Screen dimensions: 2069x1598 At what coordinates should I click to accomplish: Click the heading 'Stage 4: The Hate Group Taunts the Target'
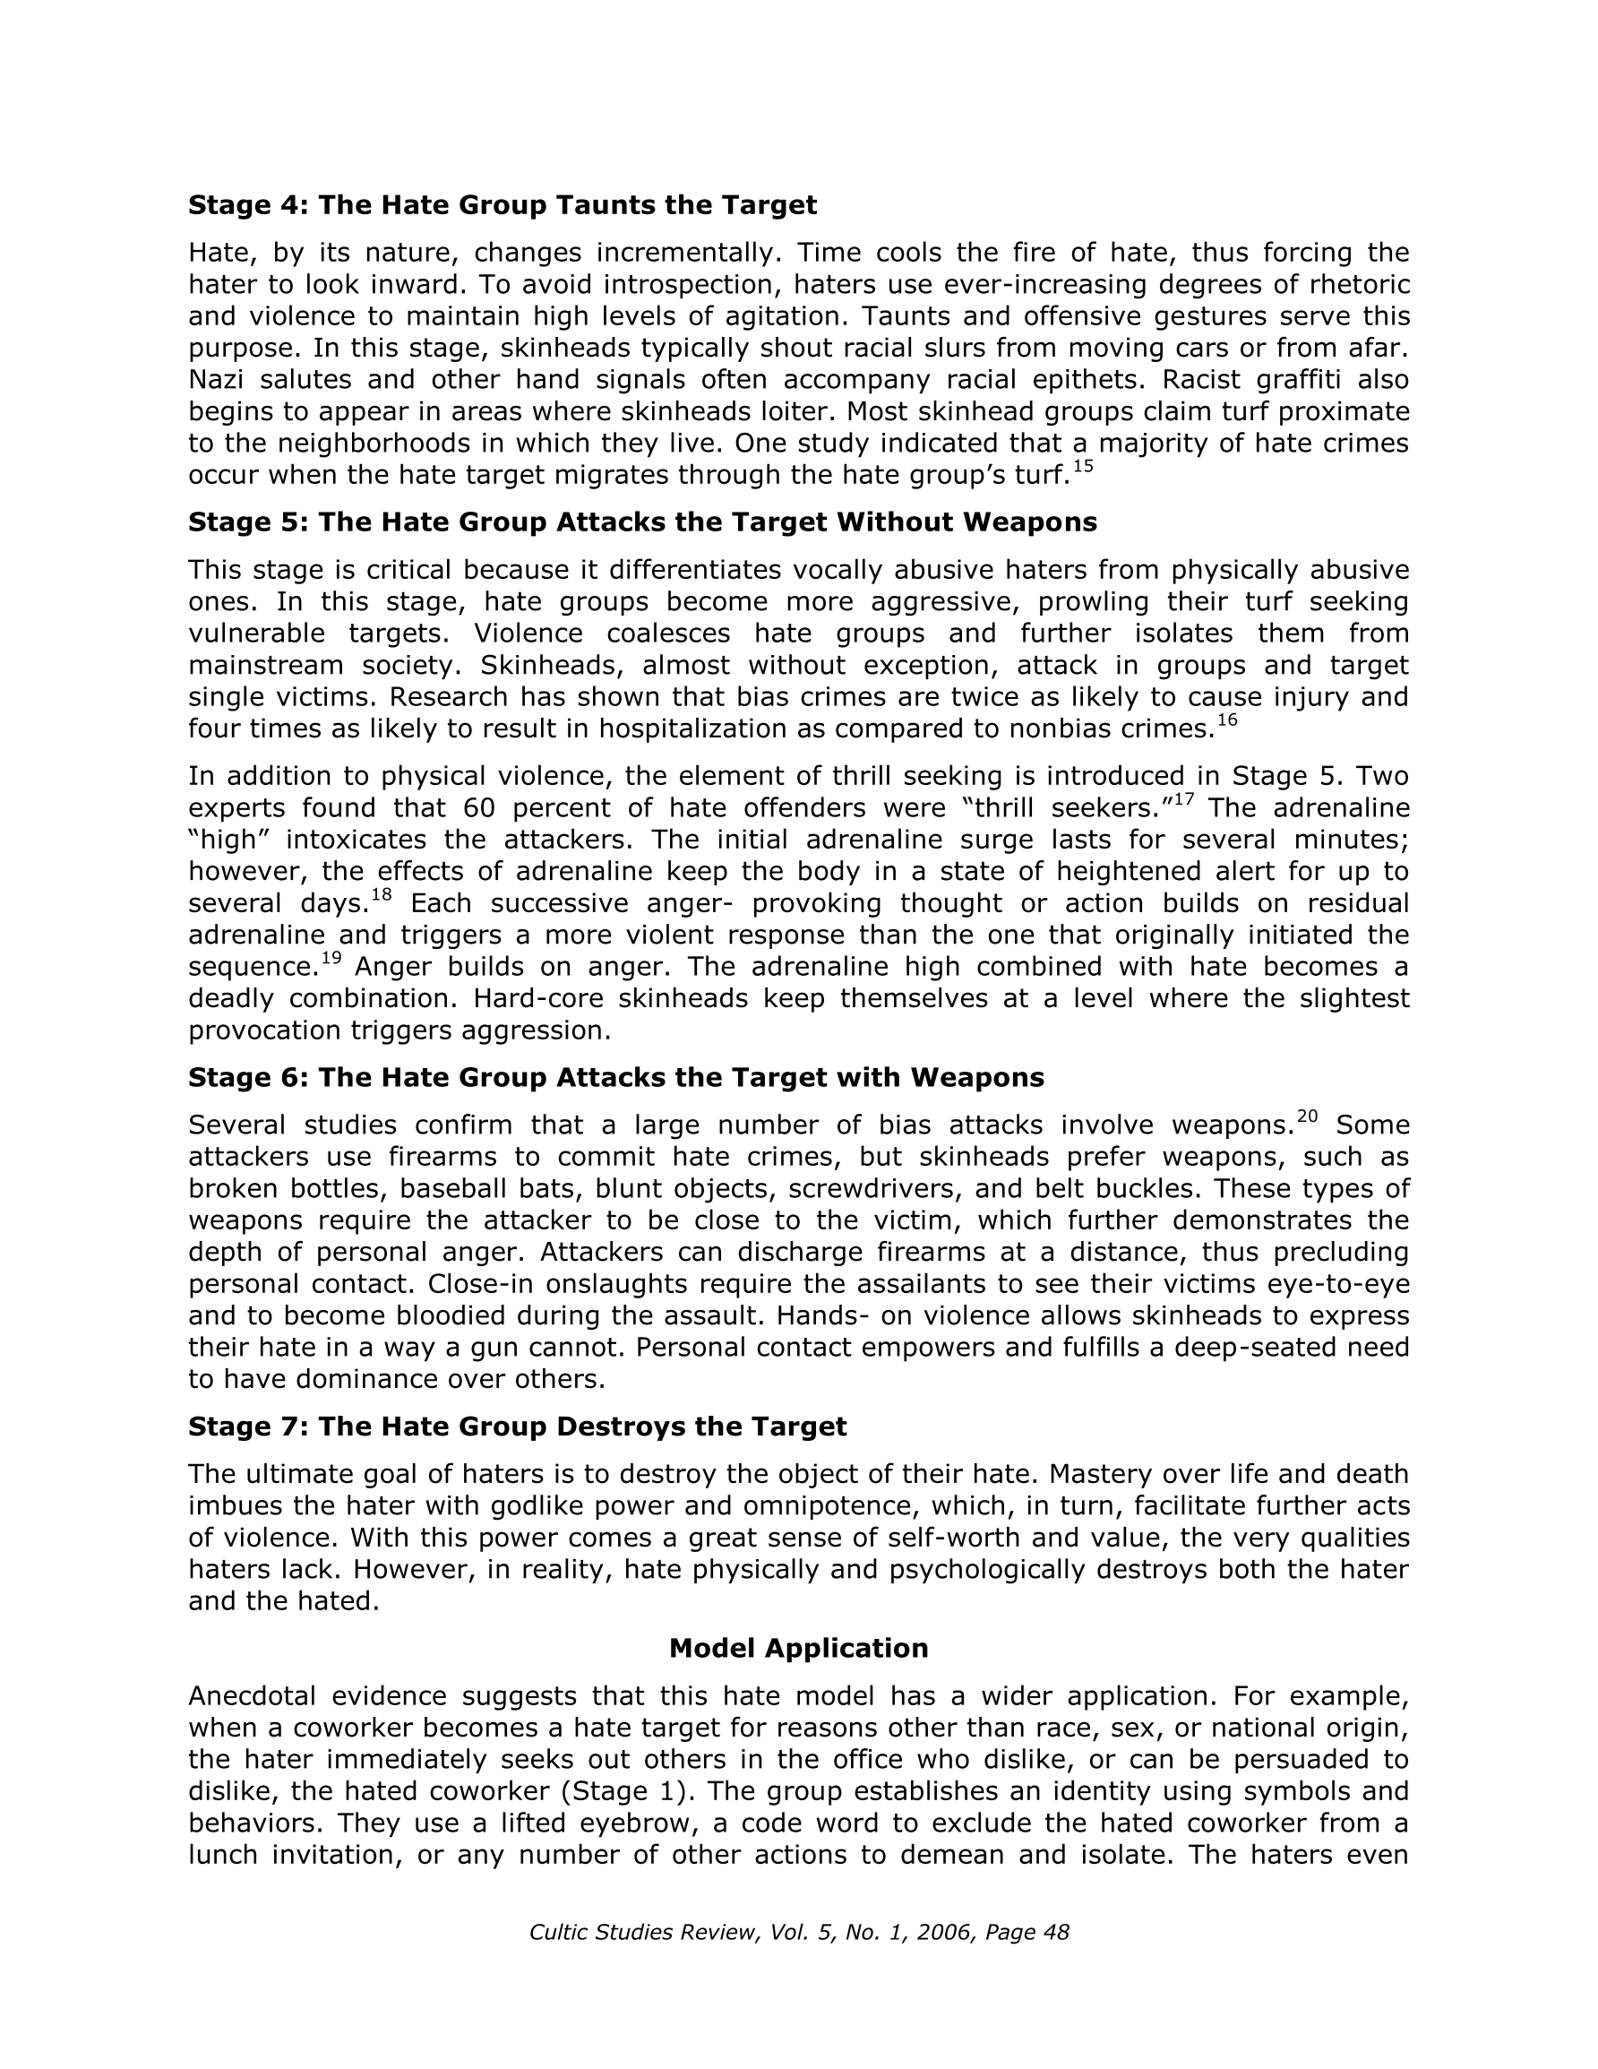pos(502,204)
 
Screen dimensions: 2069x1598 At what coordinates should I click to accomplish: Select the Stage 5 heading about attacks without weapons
pos(642,522)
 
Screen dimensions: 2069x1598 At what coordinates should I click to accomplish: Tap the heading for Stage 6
pos(615,1077)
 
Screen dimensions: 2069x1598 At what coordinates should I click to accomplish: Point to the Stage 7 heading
pos(517,1426)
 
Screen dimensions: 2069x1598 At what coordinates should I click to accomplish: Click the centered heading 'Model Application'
pos(798,1648)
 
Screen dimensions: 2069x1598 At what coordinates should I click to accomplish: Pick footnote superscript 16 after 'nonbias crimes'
pos(1226,720)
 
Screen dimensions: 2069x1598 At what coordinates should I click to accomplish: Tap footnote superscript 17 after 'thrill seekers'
pos(1183,799)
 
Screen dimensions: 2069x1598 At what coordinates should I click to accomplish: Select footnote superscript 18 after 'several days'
pos(381,894)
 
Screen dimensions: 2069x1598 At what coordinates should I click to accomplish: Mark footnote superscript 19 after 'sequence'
pos(331,958)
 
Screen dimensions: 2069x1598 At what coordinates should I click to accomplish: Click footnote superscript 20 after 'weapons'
pos(1307,1116)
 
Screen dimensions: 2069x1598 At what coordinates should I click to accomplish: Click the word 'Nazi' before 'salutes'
pos(217,380)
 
